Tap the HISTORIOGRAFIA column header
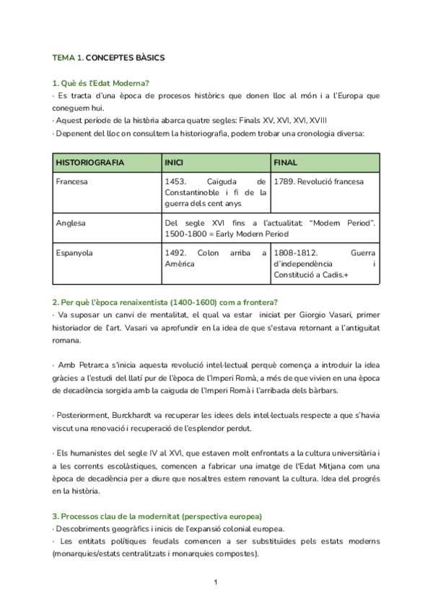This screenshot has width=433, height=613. (89, 163)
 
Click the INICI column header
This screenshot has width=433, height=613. (174, 163)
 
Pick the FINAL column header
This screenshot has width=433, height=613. (285, 163)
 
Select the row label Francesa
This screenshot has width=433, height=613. (71, 181)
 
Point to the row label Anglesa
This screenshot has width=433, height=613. (70, 223)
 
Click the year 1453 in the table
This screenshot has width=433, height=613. (176, 181)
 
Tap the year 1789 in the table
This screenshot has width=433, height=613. (284, 181)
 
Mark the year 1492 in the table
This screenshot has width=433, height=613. (176, 253)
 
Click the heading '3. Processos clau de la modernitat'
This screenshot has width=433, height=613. (157, 516)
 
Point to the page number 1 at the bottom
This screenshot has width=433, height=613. (216, 582)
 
